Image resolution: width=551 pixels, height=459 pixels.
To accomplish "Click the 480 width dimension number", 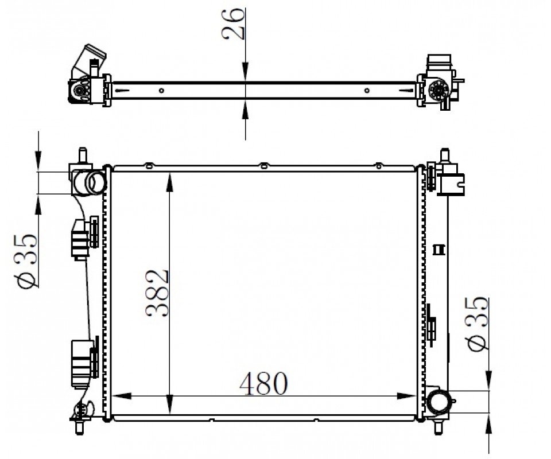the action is click(263, 383).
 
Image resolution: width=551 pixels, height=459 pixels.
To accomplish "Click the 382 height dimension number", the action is click(157, 294).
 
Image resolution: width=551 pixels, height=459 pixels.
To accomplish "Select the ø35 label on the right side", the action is click(476, 324).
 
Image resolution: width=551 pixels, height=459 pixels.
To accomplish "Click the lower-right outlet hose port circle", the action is click(439, 402).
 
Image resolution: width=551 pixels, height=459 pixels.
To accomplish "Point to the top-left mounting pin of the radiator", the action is click(82, 155).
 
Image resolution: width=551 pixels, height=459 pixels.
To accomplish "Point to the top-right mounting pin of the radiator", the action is click(445, 156).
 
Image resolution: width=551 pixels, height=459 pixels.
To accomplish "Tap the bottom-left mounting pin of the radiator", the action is click(80, 427).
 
